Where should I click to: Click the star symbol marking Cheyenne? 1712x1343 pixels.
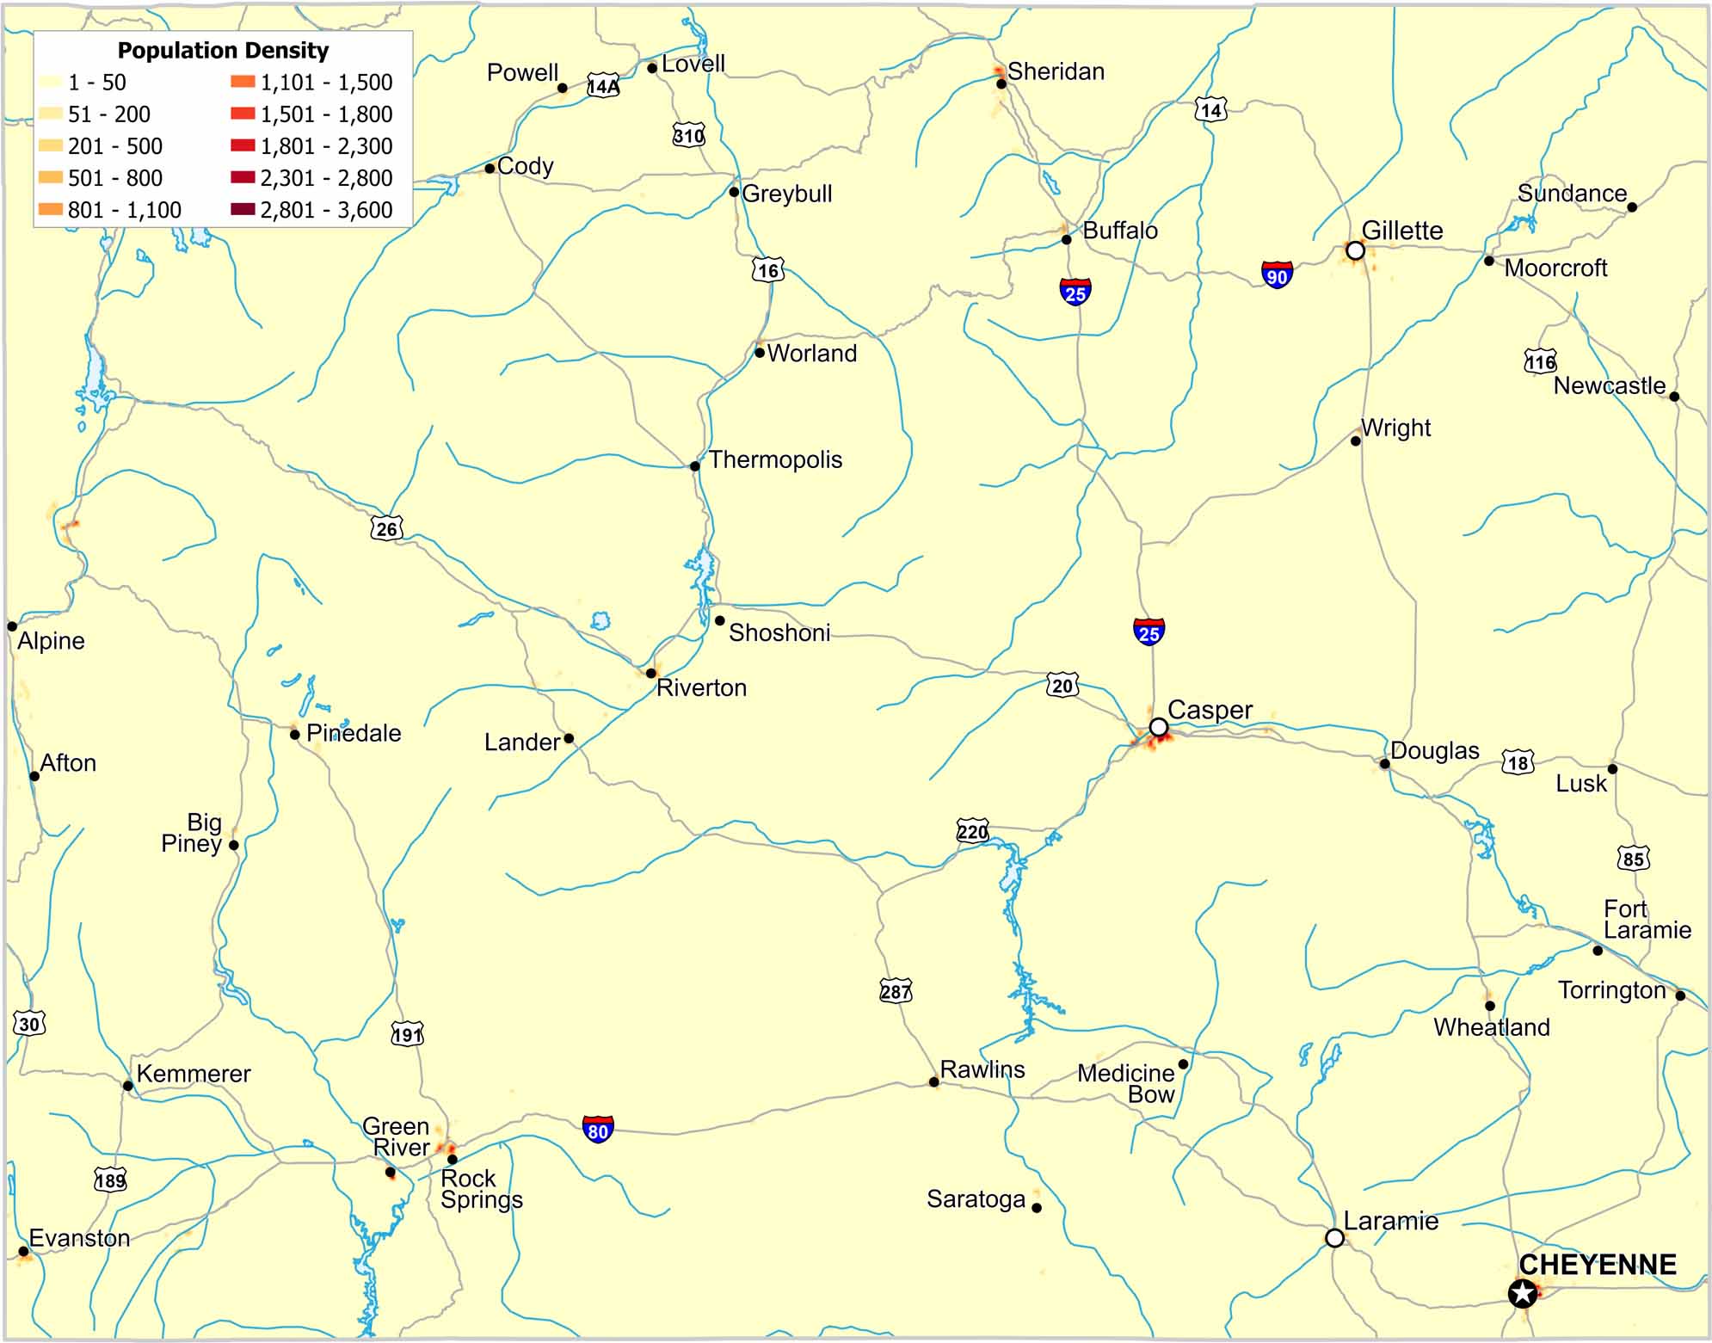point(1523,1293)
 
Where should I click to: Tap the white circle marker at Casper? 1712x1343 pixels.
point(1159,728)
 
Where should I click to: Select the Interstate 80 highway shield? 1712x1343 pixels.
point(598,1128)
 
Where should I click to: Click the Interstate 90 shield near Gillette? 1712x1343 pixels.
point(1277,274)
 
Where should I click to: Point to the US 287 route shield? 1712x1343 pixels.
point(895,991)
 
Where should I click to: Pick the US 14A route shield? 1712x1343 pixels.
point(603,86)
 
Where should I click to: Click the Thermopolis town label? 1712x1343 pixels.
point(775,459)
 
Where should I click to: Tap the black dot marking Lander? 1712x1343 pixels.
point(569,738)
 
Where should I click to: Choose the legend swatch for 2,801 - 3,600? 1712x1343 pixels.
point(243,209)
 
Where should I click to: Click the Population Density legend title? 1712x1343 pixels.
point(223,51)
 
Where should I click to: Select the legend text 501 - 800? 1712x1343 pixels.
point(115,178)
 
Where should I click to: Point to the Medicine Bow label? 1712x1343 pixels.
point(1126,1084)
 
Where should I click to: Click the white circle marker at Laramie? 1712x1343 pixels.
point(1334,1238)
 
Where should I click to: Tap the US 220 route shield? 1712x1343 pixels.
point(972,831)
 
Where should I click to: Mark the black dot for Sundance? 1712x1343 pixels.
point(1632,206)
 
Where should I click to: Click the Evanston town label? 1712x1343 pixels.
point(79,1238)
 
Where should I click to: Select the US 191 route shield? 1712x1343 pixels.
point(407,1034)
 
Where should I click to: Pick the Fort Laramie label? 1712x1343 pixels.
point(1647,920)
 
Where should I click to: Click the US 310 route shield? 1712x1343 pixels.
point(688,135)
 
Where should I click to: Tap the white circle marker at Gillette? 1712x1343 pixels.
point(1355,250)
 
